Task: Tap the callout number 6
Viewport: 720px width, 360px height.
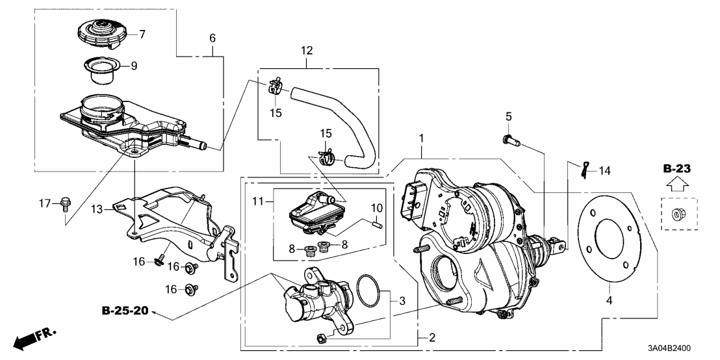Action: [x=212, y=38]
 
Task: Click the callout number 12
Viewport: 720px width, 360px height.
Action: [x=307, y=49]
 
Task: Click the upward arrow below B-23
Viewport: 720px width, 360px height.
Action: [x=676, y=185]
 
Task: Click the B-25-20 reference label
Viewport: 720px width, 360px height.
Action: [x=125, y=311]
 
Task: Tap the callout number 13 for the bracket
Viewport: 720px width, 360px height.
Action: [x=97, y=209]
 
